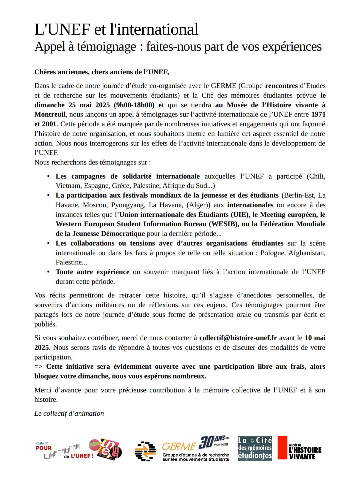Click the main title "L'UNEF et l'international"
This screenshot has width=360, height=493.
pyautogui.click(x=116, y=29)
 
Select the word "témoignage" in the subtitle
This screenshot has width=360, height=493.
pyautogui.click(x=106, y=47)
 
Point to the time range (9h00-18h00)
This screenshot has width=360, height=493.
pyautogui.click(x=134, y=105)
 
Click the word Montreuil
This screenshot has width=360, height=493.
pyautogui.click(x=50, y=114)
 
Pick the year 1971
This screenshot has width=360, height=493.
pyautogui.click(x=318, y=114)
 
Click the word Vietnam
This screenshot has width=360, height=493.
pyautogui.click(x=68, y=186)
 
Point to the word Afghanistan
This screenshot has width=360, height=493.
pyautogui.click(x=307, y=253)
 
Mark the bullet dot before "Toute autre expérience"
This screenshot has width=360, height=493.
pyautogui.click(x=48, y=272)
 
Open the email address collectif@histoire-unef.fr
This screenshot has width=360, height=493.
pyautogui.click(x=238, y=338)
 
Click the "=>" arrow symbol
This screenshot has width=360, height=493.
pyautogui.click(x=38, y=366)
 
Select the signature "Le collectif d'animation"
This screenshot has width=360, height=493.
pyautogui.click(x=69, y=413)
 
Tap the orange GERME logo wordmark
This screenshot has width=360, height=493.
pyautogui.click(x=179, y=446)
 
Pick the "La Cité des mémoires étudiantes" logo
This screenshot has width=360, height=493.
pyautogui.click(x=255, y=448)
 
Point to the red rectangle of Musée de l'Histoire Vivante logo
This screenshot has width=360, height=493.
pyautogui.click(x=282, y=448)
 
